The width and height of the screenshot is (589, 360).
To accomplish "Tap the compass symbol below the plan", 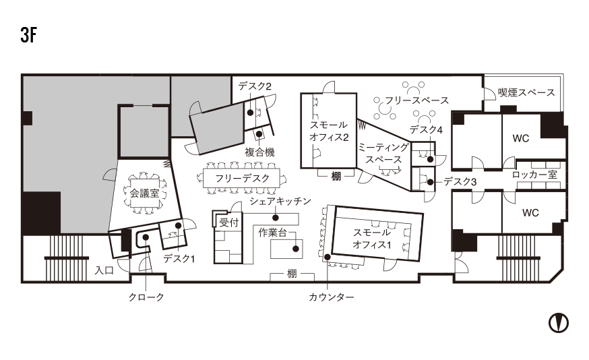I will click(558, 322).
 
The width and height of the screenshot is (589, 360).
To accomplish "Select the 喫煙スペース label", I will click(526, 92).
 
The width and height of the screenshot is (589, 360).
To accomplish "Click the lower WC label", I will click(530, 213).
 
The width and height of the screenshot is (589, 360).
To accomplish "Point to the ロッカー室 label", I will click(534, 175).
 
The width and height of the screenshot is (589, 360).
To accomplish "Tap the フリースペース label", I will click(416, 100).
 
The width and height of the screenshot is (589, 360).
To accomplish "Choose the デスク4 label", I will click(425, 129).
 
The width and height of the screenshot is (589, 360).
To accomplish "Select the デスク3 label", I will click(460, 182).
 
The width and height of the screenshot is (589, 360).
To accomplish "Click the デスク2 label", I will click(254, 87).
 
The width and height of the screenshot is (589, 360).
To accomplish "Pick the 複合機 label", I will click(259, 152).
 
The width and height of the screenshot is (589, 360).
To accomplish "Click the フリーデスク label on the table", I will click(242, 178).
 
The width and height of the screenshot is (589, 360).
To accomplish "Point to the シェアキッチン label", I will click(280, 202).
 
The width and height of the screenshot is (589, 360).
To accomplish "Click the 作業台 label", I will click(272, 233).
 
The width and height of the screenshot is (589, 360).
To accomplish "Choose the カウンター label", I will click(331, 297).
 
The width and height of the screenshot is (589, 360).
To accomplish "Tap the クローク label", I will click(146, 297).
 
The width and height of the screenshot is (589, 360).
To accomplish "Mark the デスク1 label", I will click(179, 258).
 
